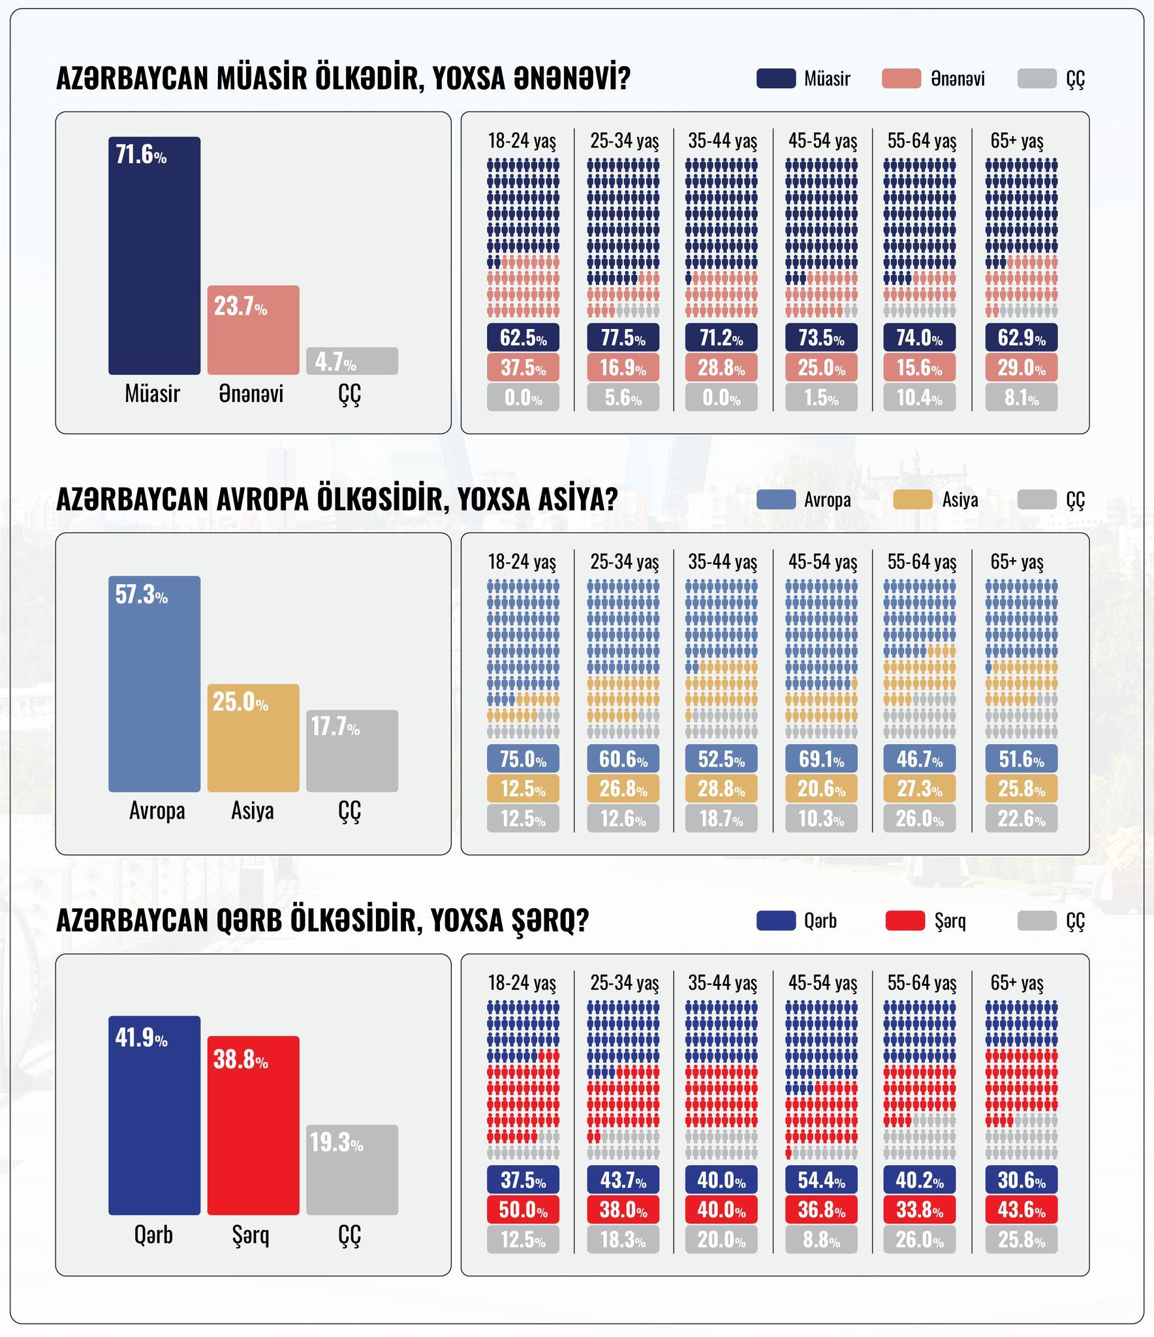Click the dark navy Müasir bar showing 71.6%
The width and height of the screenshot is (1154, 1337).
click(x=154, y=255)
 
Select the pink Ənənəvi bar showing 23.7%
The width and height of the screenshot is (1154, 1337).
click(x=253, y=330)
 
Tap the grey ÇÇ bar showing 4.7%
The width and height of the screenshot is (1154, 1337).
click(x=352, y=361)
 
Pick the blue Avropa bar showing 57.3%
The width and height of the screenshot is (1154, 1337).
click(x=154, y=684)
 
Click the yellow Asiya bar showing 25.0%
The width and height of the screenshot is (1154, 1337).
click(x=253, y=738)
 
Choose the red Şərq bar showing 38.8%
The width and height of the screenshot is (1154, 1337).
click(x=253, y=1125)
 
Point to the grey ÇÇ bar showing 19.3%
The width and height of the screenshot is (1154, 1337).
click(x=352, y=1169)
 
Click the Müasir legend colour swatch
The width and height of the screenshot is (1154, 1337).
click(x=775, y=78)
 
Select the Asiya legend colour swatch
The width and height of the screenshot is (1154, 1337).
click(x=912, y=499)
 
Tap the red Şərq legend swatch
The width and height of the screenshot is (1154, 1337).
click(x=905, y=920)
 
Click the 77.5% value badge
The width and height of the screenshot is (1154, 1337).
click(x=623, y=338)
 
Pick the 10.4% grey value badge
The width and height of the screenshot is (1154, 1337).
click(x=919, y=398)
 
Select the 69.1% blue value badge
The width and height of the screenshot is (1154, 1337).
click(x=821, y=759)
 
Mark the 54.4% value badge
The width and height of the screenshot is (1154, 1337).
click(x=821, y=1180)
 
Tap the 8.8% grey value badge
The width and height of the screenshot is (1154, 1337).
click(x=821, y=1240)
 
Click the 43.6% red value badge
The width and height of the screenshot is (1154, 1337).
click(x=1021, y=1210)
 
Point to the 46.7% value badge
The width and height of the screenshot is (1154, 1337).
click(x=919, y=759)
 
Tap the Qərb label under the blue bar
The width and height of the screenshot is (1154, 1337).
click(x=153, y=1235)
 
